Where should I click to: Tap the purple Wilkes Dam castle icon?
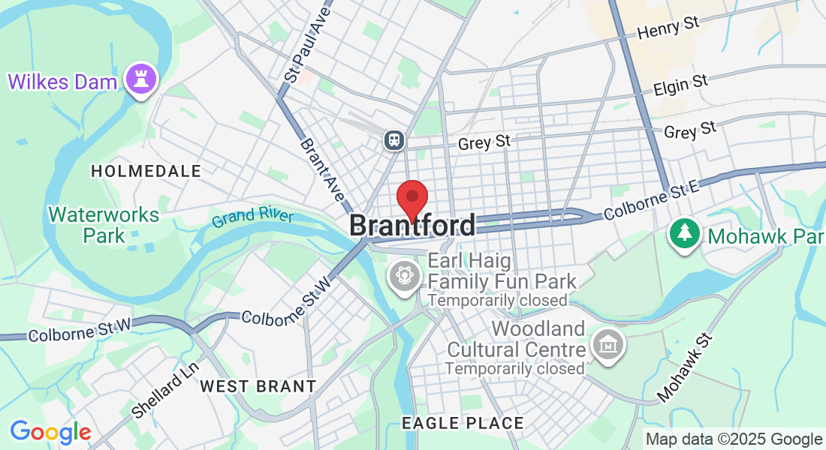(140, 78)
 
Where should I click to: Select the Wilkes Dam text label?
(63, 81)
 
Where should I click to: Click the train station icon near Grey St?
(394, 140)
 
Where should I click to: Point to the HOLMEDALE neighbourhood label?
(146, 172)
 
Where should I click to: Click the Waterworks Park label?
(104, 225)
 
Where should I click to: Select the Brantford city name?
(412, 225)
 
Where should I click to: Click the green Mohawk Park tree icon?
(684, 234)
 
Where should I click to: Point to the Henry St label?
(668, 28)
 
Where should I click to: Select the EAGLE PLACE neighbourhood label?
(463, 423)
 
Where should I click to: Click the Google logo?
(50, 432)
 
